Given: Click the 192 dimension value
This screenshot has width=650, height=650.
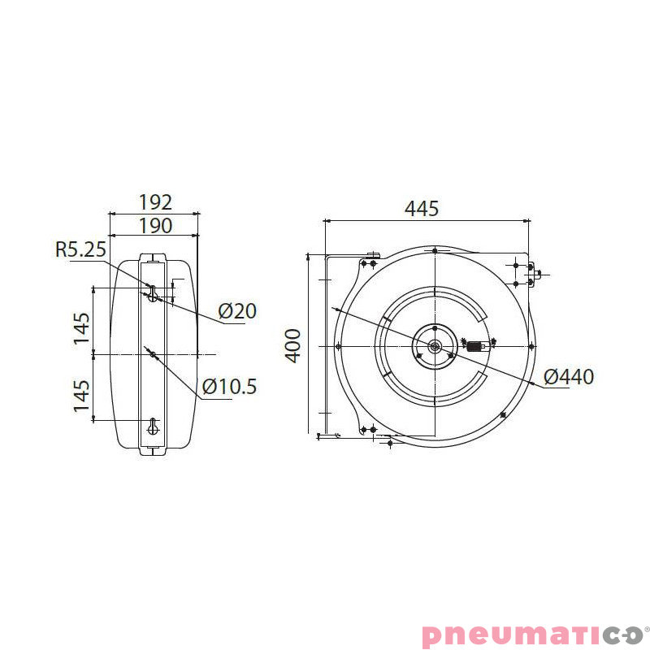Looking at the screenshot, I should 155,202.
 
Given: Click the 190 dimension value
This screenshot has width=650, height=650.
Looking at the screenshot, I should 155,225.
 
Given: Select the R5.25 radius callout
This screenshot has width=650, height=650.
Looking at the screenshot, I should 80,249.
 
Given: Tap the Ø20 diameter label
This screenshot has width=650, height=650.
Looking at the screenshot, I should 237,311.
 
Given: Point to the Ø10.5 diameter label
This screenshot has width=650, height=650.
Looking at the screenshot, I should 229,387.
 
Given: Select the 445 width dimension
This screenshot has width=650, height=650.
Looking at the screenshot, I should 422,209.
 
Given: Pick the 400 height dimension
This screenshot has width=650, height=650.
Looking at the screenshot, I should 293,345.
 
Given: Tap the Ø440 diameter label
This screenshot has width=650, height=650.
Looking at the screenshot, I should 569,377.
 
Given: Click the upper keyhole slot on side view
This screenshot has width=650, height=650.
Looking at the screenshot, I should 153,292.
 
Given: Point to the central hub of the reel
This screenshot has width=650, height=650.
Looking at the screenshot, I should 435,347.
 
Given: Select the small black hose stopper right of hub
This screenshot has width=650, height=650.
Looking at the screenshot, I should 474,347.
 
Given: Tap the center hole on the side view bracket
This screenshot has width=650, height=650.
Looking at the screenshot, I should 153,353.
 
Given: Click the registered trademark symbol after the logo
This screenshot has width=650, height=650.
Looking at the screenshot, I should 646,626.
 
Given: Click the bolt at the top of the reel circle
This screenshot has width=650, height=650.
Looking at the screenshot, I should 435,249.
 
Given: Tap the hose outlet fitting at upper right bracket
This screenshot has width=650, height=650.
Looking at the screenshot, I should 535,275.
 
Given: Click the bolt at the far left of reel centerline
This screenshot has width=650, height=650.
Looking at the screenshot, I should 338,347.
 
